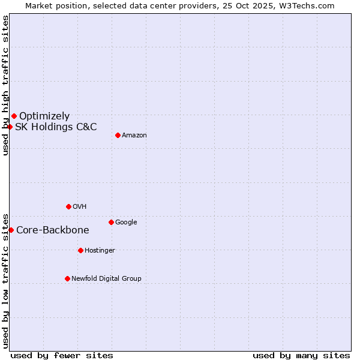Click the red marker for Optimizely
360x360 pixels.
click(x=14, y=116)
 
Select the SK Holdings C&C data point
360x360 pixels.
click(x=10, y=127)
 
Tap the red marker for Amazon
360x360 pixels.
click(x=118, y=135)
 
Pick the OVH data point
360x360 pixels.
click(x=68, y=206)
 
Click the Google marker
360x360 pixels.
click(x=111, y=222)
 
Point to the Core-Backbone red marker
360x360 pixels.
click(x=11, y=230)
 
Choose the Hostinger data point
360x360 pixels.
click(x=80, y=250)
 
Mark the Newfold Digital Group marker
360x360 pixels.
click(x=67, y=278)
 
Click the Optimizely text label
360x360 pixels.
click(x=44, y=116)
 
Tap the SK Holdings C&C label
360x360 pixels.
click(x=56, y=127)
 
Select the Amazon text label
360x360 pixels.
click(x=134, y=136)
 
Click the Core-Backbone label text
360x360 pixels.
click(x=53, y=230)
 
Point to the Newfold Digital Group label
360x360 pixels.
click(x=107, y=278)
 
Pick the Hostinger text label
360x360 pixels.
click(x=100, y=250)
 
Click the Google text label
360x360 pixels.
click(x=126, y=222)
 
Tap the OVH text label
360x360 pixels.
click(x=80, y=206)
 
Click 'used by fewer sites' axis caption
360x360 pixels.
click(x=62, y=355)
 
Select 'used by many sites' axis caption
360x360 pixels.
click(x=301, y=355)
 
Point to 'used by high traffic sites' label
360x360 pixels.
click(x=5, y=85)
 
